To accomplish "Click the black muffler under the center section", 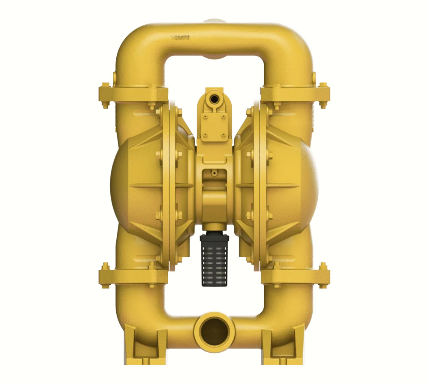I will point(214,259).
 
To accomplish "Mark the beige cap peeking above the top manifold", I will point(214,21).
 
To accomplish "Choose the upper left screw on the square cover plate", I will point(205,116).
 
